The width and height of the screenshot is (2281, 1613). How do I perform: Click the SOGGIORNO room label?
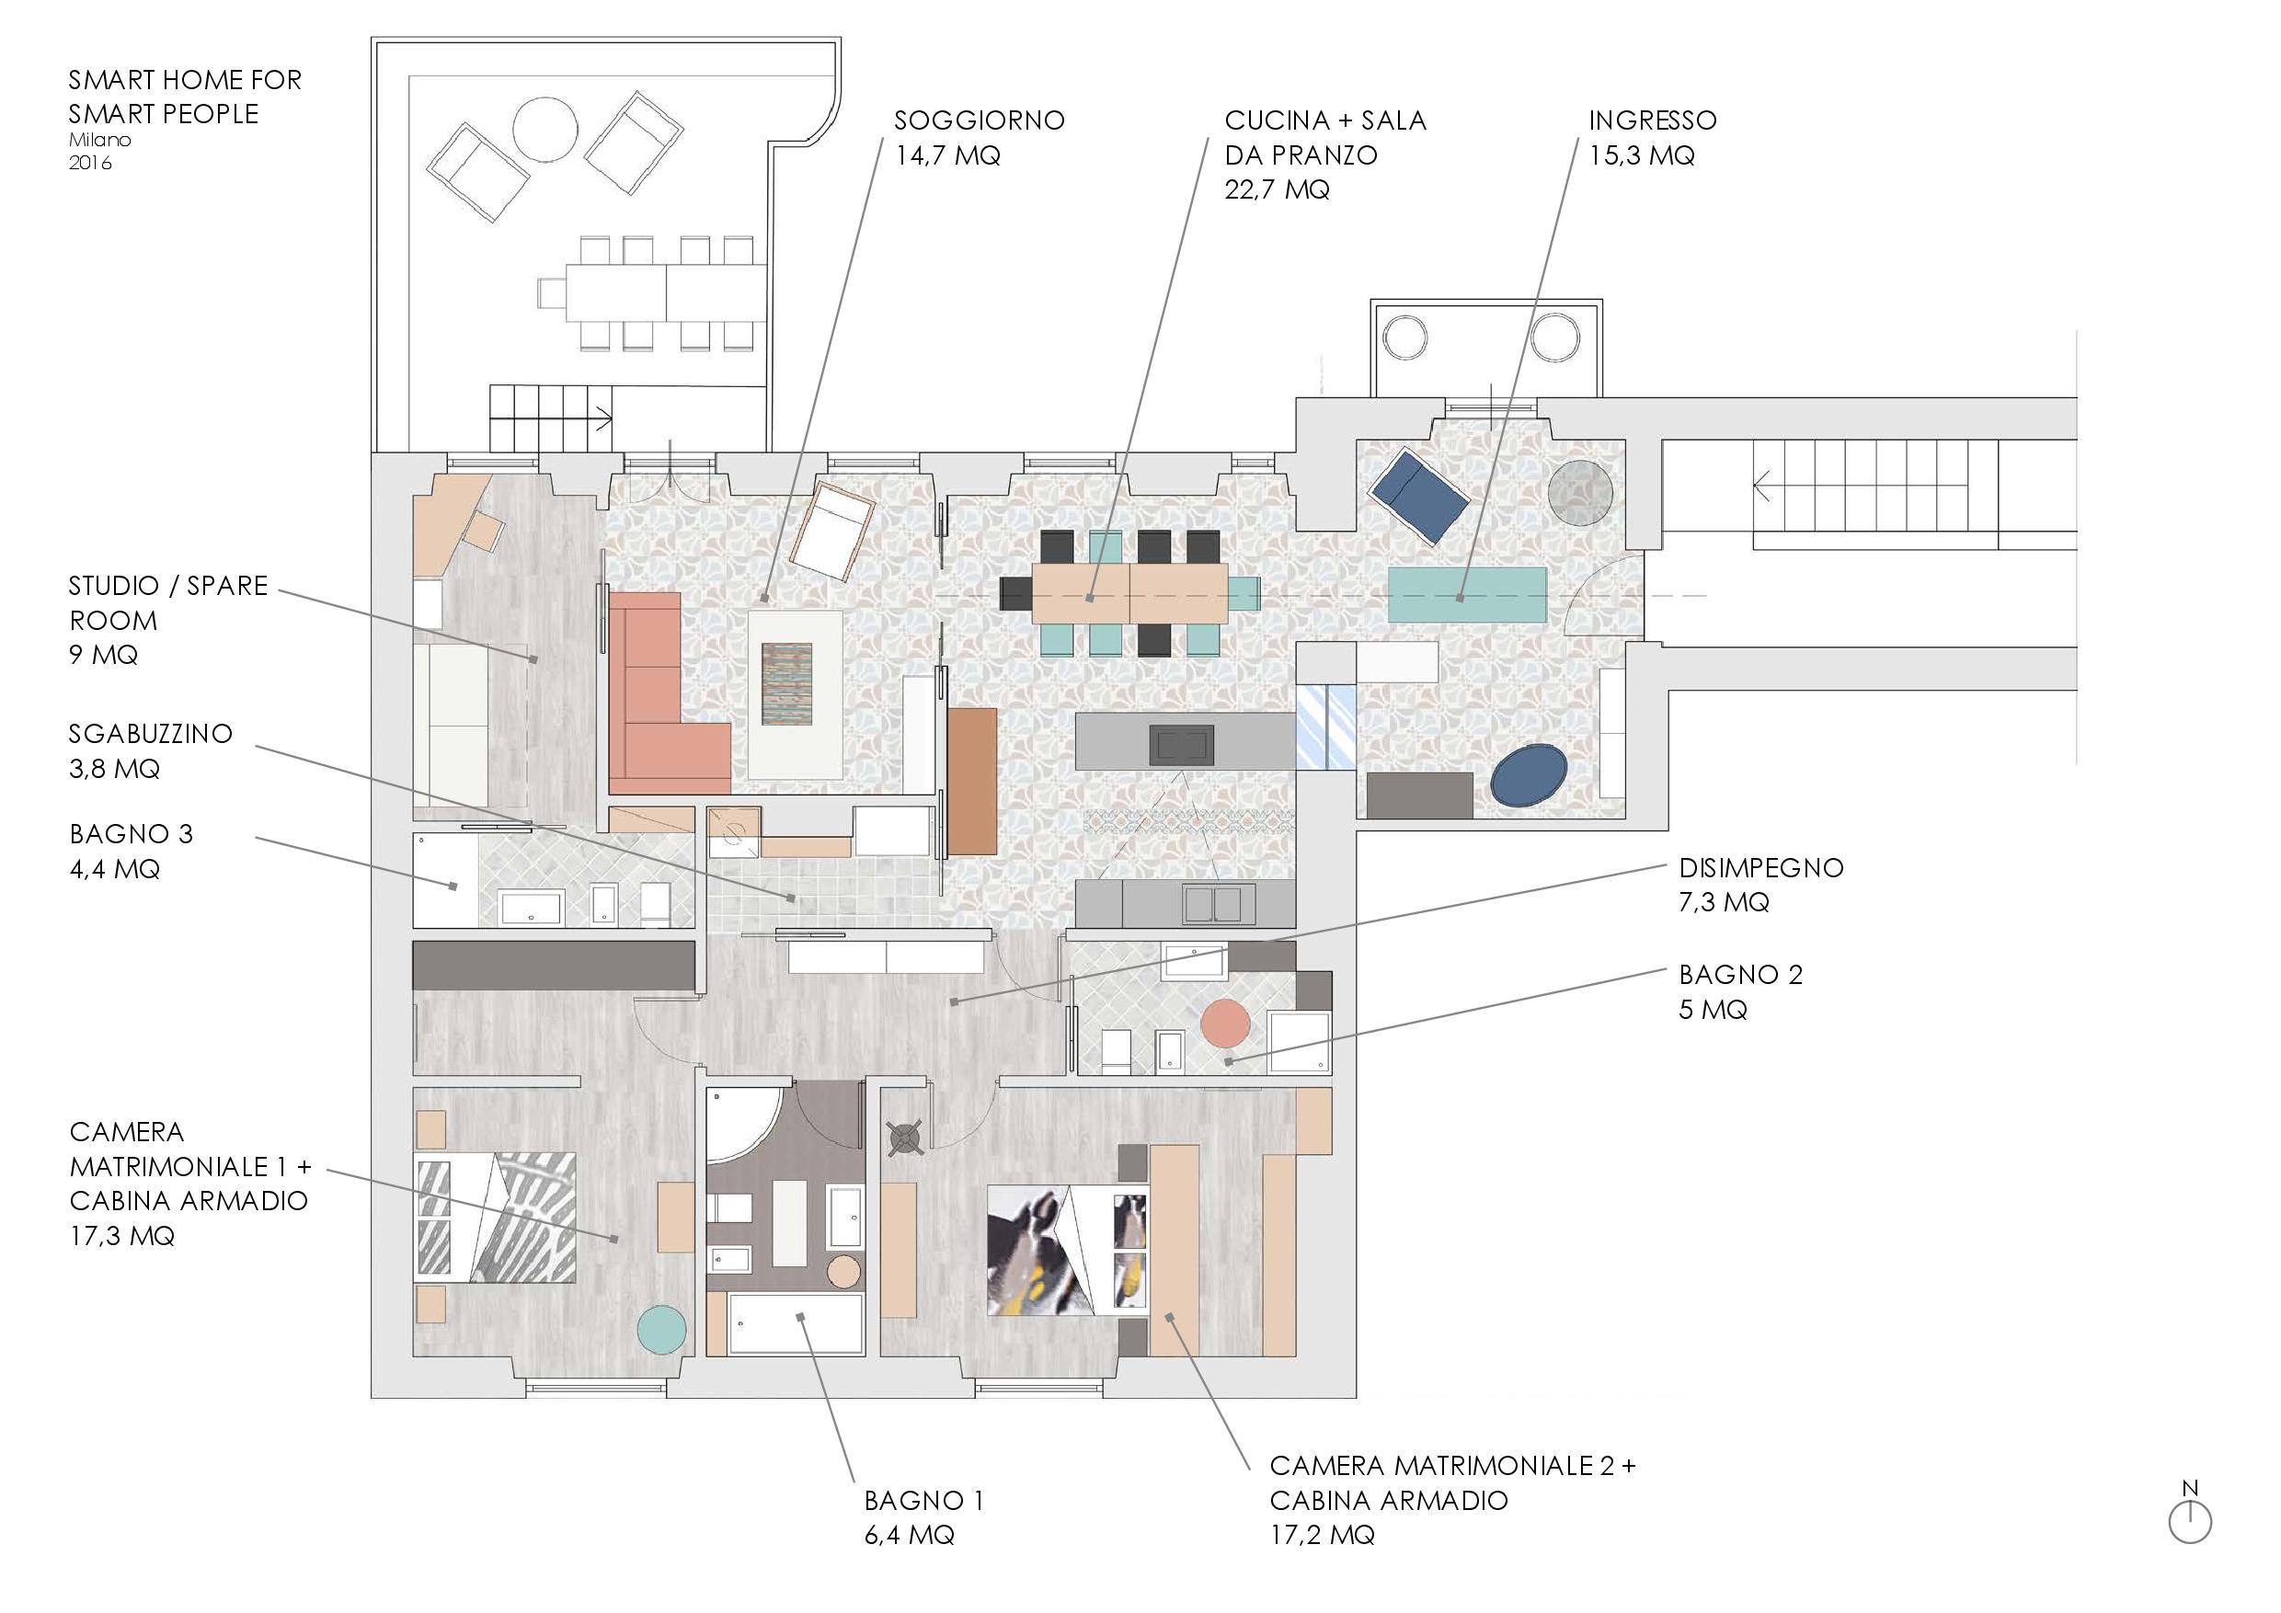point(979,121)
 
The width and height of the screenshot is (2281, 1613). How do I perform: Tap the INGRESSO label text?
point(1652,121)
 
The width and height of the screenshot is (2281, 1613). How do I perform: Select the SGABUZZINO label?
point(150,734)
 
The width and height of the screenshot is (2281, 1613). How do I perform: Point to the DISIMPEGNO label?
point(1760,868)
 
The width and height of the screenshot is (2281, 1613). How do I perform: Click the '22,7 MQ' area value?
point(1277,189)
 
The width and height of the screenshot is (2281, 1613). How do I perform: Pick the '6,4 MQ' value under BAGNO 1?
point(909,1535)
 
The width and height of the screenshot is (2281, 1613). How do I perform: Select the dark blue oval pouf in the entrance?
point(1529,774)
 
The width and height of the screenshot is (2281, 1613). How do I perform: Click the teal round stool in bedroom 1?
point(660,1329)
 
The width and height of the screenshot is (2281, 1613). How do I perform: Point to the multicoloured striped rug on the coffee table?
point(786,684)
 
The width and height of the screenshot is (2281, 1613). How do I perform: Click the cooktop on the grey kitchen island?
point(1179,744)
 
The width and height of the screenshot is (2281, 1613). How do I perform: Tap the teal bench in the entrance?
point(1467,593)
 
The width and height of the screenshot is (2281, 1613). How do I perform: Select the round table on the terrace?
point(544,128)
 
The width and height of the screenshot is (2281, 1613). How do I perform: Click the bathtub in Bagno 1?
point(796,1323)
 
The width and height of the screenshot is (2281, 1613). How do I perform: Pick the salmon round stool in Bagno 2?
point(1225,1023)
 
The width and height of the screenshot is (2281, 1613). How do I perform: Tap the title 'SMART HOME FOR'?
point(185,79)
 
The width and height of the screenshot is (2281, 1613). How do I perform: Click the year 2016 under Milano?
point(90,163)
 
